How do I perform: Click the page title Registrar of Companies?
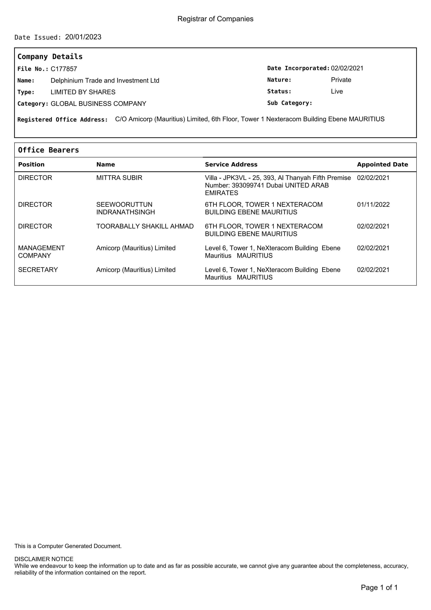[215, 19]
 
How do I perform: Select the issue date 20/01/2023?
[83, 37]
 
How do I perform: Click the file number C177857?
[64, 69]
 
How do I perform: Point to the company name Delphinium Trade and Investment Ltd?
[105, 80]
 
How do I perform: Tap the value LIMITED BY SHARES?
[83, 92]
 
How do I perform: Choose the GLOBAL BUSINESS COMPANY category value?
[98, 104]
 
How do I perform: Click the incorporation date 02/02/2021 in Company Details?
[347, 68]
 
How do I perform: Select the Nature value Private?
[341, 80]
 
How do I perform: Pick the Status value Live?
[337, 91]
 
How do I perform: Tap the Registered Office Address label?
[63, 120]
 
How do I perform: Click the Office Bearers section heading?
[48, 150]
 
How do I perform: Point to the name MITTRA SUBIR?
[119, 178]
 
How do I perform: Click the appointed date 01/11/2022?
[373, 205]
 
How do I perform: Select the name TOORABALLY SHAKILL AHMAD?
[145, 226]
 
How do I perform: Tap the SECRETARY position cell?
[38, 270]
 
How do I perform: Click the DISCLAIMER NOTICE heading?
[44, 559]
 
